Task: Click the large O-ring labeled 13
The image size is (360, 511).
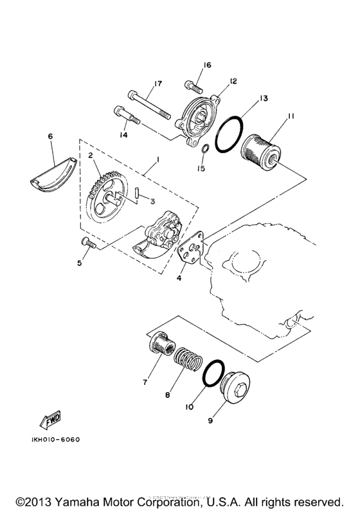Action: click(x=229, y=136)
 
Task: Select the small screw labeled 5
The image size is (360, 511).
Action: click(x=87, y=242)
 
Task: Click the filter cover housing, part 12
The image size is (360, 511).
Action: click(x=199, y=117)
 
